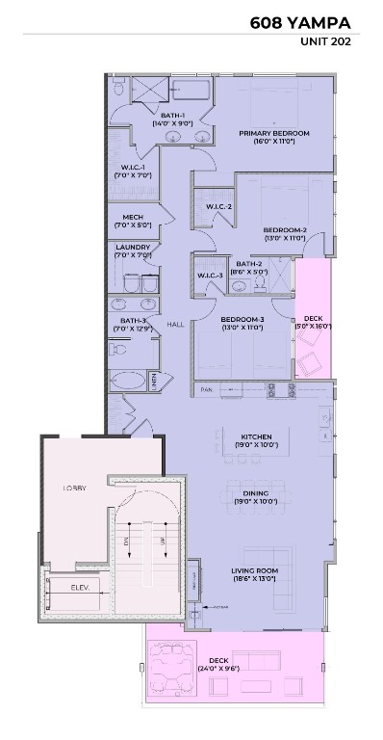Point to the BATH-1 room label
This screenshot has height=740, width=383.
point(172,116)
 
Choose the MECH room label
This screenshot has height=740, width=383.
point(133,217)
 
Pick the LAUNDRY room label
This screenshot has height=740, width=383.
point(132,247)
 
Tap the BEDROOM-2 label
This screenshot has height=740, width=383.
point(285,229)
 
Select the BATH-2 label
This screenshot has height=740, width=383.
point(249,264)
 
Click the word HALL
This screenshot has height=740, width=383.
point(175,325)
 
